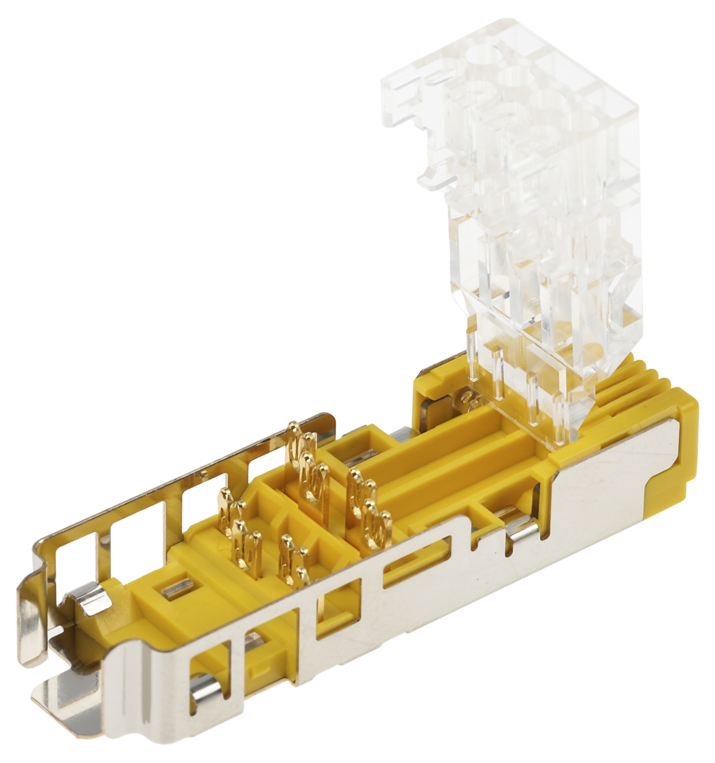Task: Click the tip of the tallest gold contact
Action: pyautogui.click(x=294, y=426)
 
